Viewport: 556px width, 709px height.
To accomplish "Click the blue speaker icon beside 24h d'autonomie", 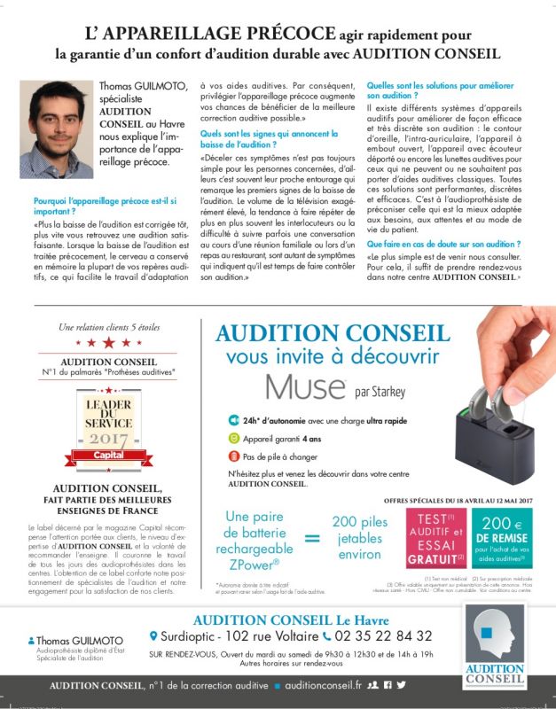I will click(x=234, y=420).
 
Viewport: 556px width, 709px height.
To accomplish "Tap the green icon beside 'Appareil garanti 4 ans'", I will click(x=234, y=438).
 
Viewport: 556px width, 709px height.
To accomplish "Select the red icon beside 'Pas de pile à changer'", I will click(x=234, y=456).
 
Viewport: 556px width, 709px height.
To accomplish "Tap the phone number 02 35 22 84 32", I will click(x=384, y=635).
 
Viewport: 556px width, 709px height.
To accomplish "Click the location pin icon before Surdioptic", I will click(x=154, y=635).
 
